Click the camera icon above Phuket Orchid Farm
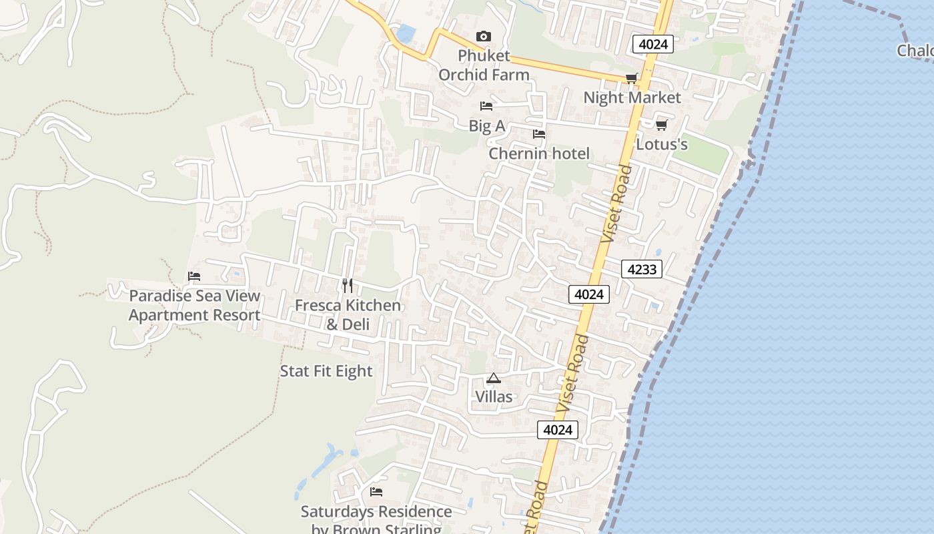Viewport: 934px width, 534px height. tap(483, 36)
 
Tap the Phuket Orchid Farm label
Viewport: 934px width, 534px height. tap(484, 65)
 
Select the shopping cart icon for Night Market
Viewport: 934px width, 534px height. tap(631, 79)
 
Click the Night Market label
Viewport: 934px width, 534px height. tap(632, 97)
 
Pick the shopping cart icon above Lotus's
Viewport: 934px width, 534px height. tap(661, 125)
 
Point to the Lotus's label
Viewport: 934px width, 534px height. tap(661, 144)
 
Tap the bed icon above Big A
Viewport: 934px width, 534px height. tap(486, 106)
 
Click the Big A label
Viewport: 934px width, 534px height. tap(486, 125)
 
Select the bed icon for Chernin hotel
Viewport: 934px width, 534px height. tap(539, 134)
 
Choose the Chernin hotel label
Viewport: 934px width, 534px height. tap(539, 154)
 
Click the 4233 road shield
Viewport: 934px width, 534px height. tap(642, 269)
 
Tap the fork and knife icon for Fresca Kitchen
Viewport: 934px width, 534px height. tap(348, 286)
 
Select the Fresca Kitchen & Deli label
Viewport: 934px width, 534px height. tap(348, 314)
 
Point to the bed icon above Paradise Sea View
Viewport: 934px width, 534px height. tap(194, 276)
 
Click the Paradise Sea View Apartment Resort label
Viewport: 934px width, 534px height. tap(194, 305)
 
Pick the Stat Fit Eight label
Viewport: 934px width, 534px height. tap(326, 371)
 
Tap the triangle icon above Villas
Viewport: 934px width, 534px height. tap(494, 378)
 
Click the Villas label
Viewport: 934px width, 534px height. tap(494, 397)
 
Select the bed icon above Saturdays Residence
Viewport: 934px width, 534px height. tap(376, 492)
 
